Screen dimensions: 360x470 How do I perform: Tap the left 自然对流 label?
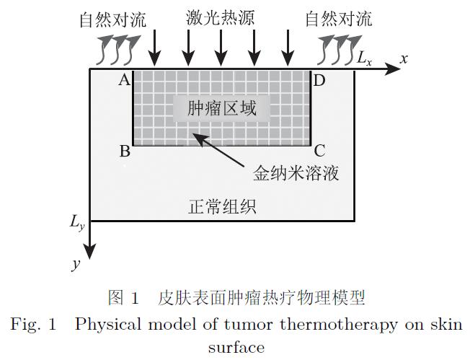112,19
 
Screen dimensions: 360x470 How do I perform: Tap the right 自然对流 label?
339,19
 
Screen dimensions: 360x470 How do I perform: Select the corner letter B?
125,152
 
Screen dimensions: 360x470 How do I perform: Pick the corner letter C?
319,152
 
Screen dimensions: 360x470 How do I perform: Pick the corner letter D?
319,80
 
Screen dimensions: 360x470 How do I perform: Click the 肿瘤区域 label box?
221,109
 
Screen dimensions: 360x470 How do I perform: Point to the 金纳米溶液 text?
296,174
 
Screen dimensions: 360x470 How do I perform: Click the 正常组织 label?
221,208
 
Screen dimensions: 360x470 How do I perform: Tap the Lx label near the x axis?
364,59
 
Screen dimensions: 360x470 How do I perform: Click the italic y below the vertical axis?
76,264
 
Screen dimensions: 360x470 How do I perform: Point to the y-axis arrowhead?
90,252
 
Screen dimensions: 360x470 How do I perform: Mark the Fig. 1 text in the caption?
33,325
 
